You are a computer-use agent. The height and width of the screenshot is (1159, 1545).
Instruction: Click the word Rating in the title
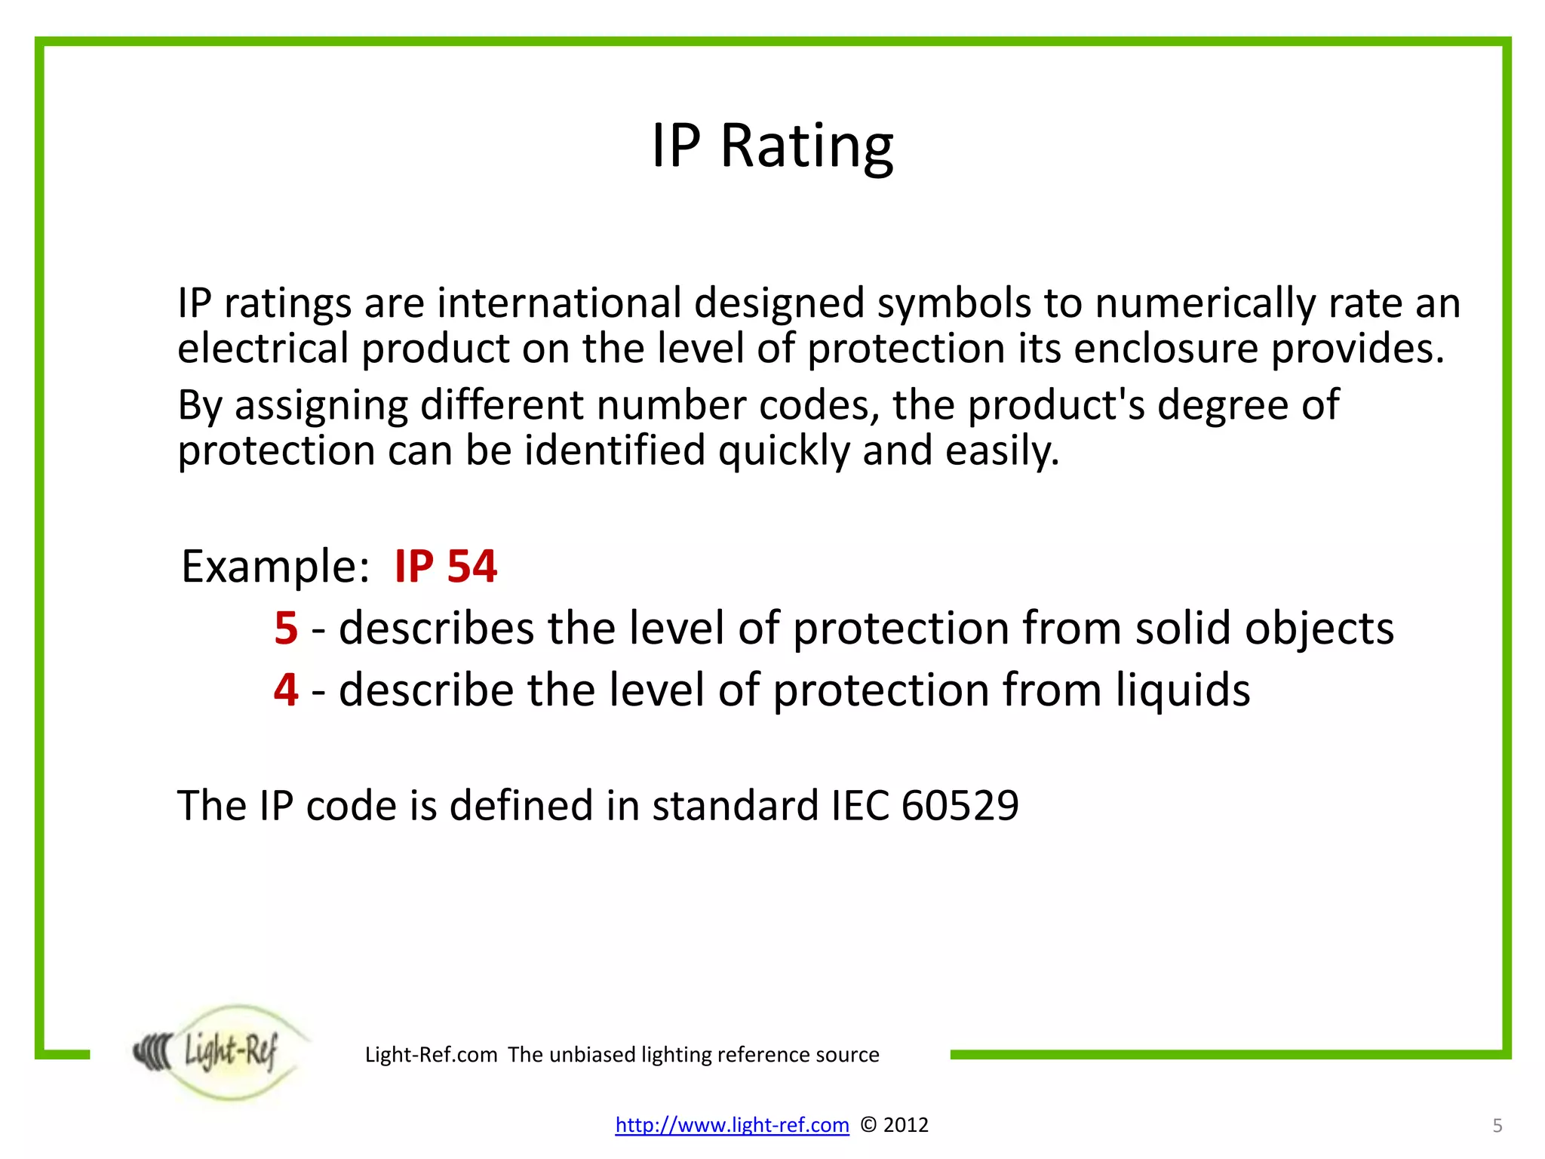[806, 146]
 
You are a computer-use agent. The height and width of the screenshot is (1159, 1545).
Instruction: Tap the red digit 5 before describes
[286, 628]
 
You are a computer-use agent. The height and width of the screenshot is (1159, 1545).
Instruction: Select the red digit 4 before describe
[286, 690]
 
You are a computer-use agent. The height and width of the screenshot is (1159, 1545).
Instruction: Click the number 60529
[960, 805]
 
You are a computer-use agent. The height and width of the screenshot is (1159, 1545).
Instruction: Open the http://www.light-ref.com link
[732, 1125]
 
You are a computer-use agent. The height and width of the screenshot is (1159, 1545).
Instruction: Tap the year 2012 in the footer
[905, 1125]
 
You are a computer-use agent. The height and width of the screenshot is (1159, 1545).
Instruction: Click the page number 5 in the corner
[1497, 1126]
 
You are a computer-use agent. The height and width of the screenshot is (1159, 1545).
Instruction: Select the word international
[559, 303]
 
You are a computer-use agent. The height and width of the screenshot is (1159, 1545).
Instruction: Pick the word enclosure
[1166, 349]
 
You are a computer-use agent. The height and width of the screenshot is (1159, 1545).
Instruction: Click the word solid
[1183, 628]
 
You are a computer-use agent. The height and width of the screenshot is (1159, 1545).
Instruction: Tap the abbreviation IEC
[860, 805]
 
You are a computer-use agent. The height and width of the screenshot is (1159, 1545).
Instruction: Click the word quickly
[784, 451]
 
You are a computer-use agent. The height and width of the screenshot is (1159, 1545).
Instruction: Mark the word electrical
[263, 349]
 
